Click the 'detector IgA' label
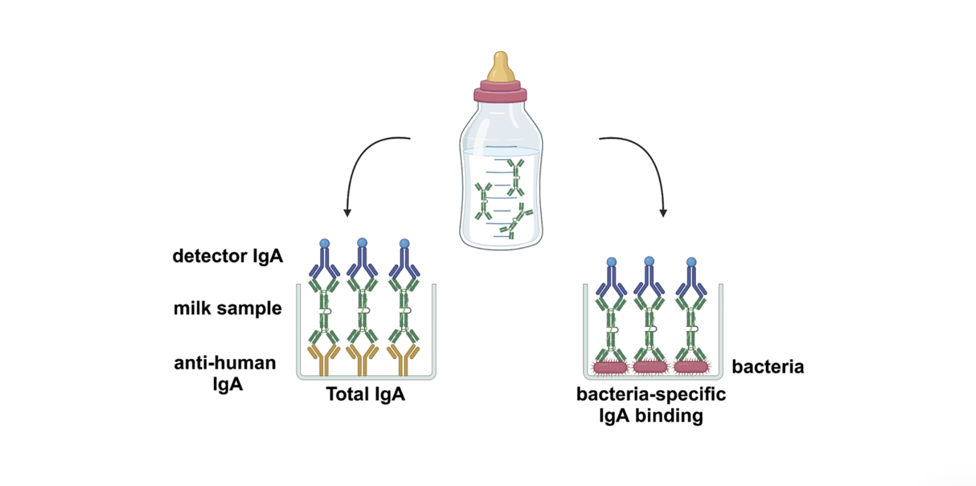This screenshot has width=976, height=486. pyautogui.click(x=227, y=256)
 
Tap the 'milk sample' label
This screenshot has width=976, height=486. pyautogui.click(x=227, y=308)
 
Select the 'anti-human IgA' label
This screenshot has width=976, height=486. pyautogui.click(x=225, y=373)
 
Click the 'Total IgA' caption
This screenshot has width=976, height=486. pyautogui.click(x=365, y=394)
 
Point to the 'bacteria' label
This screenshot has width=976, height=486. pyautogui.click(x=767, y=367)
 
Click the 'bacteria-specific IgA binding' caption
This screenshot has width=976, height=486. pyautogui.click(x=651, y=405)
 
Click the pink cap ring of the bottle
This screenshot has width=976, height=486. pyautogui.click(x=500, y=92)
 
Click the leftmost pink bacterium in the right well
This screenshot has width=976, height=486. pyautogui.click(x=610, y=368)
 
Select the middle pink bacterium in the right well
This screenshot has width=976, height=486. pyautogui.click(x=650, y=368)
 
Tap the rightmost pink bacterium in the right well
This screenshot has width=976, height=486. pyautogui.click(x=691, y=368)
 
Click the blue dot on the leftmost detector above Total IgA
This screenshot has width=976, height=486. pyautogui.click(x=325, y=243)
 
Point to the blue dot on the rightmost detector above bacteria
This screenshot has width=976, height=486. pyautogui.click(x=691, y=262)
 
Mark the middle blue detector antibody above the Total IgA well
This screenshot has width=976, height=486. pyautogui.click(x=362, y=262)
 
